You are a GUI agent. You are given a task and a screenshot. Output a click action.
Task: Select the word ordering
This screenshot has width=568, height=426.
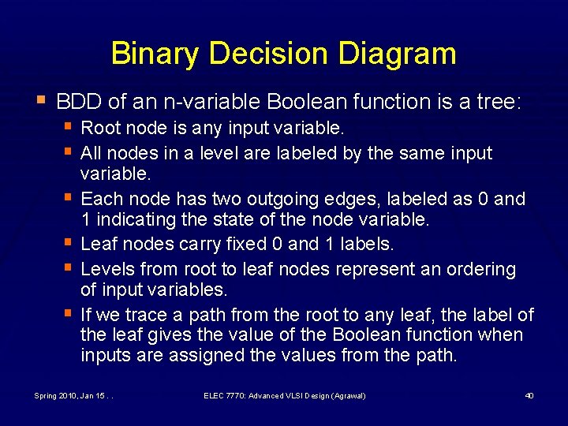tap(482, 269)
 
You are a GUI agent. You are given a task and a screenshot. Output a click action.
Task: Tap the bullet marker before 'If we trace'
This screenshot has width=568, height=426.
tap(69, 314)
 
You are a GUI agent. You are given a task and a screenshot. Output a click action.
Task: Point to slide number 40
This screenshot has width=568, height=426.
tap(529, 395)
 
